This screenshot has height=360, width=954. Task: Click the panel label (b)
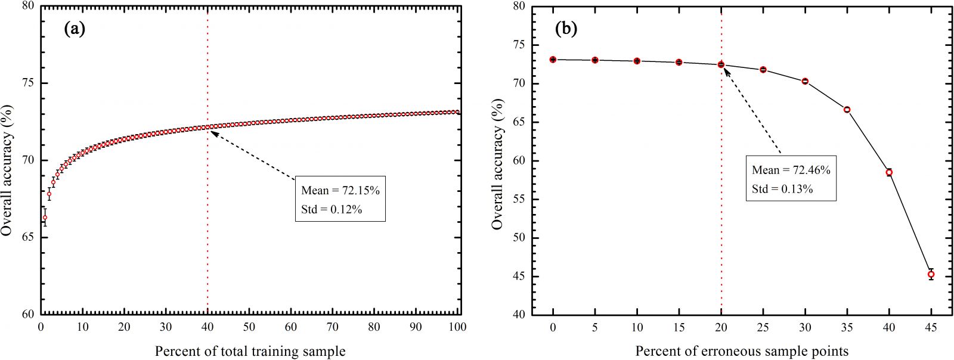[x=566, y=29]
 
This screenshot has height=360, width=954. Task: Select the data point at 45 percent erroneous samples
[x=931, y=275]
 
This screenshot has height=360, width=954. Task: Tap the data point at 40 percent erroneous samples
[x=889, y=172]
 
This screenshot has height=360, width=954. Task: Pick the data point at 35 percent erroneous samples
[x=847, y=110]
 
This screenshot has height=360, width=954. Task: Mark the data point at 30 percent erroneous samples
[x=805, y=81]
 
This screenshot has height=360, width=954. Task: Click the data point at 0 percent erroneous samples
[x=553, y=60]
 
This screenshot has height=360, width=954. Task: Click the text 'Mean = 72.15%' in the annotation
[x=340, y=191]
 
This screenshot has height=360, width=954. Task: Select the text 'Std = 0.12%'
[x=332, y=209]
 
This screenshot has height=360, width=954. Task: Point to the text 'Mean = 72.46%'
[x=791, y=170]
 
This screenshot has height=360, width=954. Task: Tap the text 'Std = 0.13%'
[x=782, y=189]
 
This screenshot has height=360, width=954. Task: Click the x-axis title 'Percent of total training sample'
[x=250, y=351]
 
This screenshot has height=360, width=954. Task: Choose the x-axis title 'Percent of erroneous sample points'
[x=741, y=351]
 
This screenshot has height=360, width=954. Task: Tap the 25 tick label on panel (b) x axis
[x=763, y=327]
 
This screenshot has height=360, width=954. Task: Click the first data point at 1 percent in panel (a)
[x=45, y=218]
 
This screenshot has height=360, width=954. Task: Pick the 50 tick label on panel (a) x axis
[x=249, y=327]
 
